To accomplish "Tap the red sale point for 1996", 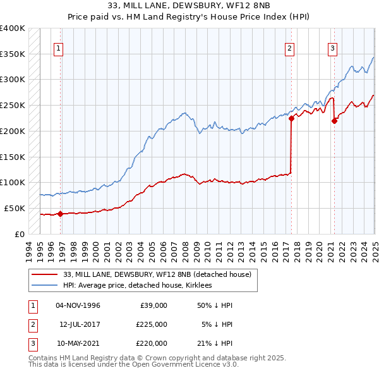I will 60,214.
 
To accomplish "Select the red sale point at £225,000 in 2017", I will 291,118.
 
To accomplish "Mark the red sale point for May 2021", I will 334,121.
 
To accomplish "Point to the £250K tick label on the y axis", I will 13,105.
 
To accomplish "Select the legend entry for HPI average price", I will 138,286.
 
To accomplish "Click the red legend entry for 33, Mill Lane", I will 157,274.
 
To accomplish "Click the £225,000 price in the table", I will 152,324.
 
